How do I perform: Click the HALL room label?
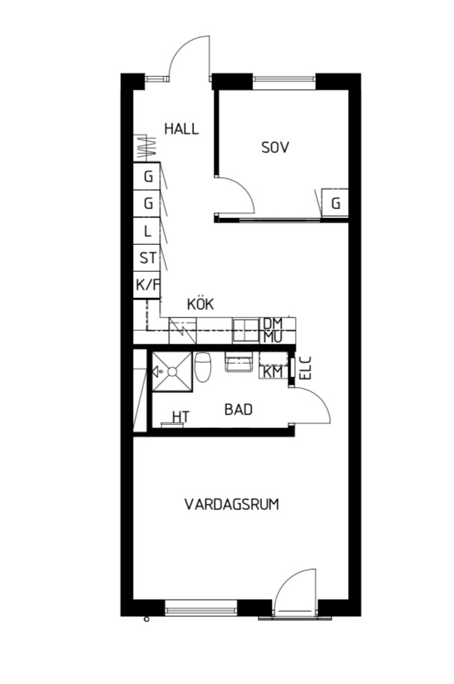tap(181, 128)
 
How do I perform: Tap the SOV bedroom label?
tap(276, 147)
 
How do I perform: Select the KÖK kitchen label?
tap(200, 304)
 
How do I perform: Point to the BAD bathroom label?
tap(238, 410)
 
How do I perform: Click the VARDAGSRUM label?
tap(231, 504)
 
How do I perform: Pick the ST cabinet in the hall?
tap(147, 258)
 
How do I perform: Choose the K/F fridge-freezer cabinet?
tap(147, 285)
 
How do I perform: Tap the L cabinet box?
tap(147, 231)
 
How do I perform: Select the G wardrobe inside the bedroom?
tap(335, 203)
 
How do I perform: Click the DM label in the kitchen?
tap(273, 323)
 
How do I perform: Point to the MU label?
tap(273, 337)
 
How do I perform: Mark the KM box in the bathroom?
tap(273, 372)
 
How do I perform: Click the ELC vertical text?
tap(305, 367)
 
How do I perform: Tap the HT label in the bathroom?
tap(181, 417)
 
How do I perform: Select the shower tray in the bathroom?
tap(172, 372)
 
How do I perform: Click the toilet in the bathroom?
tap(203, 367)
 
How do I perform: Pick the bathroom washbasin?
tap(238, 361)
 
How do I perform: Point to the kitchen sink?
tap(246, 330)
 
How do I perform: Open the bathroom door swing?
tap(311, 405)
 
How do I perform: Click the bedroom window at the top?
tap(284, 79)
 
